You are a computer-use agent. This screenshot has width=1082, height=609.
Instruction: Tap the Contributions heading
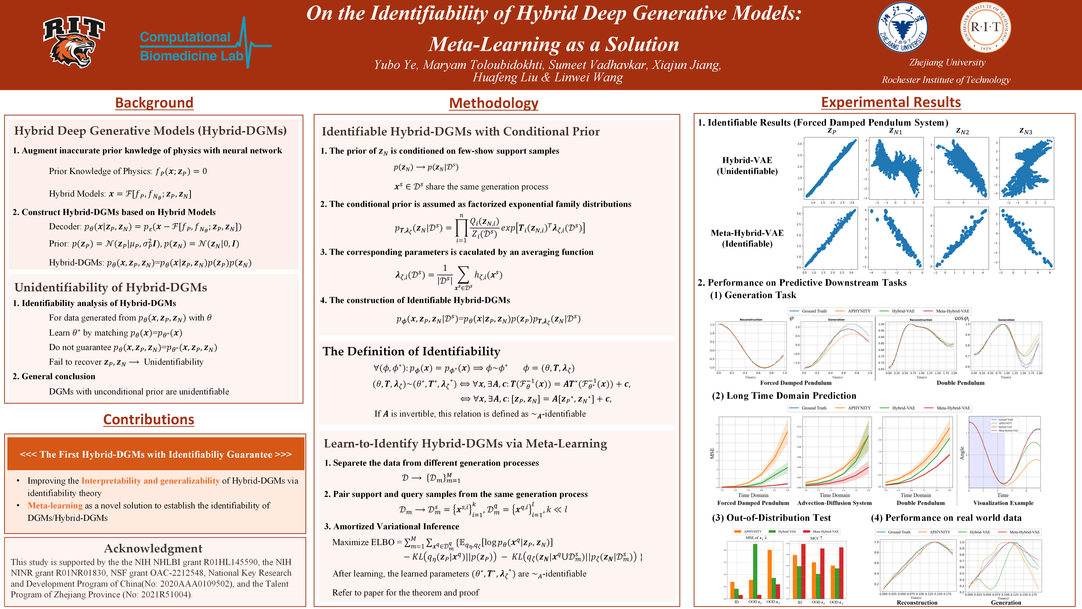pos(149,420)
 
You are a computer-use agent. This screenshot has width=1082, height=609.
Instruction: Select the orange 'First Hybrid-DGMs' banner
pos(155,454)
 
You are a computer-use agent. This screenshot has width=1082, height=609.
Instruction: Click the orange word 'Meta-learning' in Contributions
pos(55,506)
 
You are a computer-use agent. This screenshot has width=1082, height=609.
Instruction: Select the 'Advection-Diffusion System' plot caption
pos(834,503)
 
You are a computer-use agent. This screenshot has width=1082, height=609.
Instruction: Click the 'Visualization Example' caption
pos(1003,503)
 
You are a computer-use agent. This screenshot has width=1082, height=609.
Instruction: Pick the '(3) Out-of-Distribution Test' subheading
pos(771,518)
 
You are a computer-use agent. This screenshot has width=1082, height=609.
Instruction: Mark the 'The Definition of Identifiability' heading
pos(411,351)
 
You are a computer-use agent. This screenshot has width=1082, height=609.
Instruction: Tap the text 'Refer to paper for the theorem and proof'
pos(405,593)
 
